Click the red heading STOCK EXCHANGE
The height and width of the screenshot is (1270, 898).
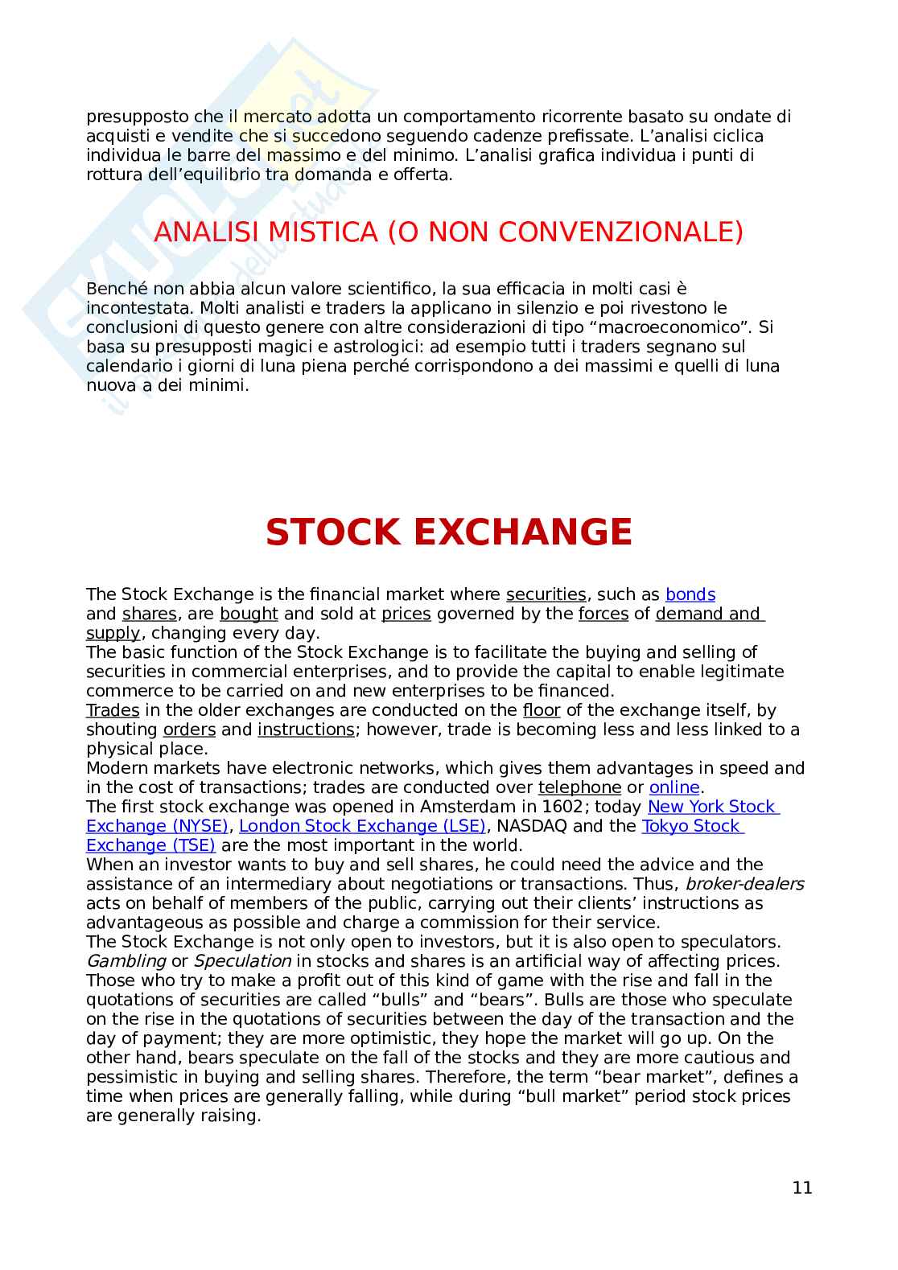click(x=448, y=532)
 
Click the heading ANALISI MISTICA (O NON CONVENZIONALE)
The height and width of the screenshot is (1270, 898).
click(x=448, y=232)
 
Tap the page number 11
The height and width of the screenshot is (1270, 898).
click(x=801, y=1188)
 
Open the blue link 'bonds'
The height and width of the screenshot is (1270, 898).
click(x=690, y=594)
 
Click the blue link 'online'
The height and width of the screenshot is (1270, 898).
click(x=673, y=787)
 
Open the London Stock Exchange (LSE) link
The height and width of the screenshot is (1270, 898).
click(x=362, y=826)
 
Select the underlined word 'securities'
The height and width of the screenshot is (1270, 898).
click(x=546, y=594)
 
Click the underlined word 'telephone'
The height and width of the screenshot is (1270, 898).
click(x=579, y=787)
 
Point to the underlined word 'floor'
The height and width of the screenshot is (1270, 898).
click(x=541, y=710)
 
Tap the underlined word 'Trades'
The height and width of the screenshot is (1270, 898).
click(x=113, y=710)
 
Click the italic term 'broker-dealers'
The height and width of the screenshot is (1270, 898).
click(x=744, y=884)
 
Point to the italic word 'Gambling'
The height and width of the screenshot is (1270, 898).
click(x=126, y=961)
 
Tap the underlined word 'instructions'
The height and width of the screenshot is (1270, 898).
click(x=306, y=730)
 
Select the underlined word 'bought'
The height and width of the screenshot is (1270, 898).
click(x=249, y=614)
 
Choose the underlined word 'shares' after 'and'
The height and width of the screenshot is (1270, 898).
click(x=149, y=614)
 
